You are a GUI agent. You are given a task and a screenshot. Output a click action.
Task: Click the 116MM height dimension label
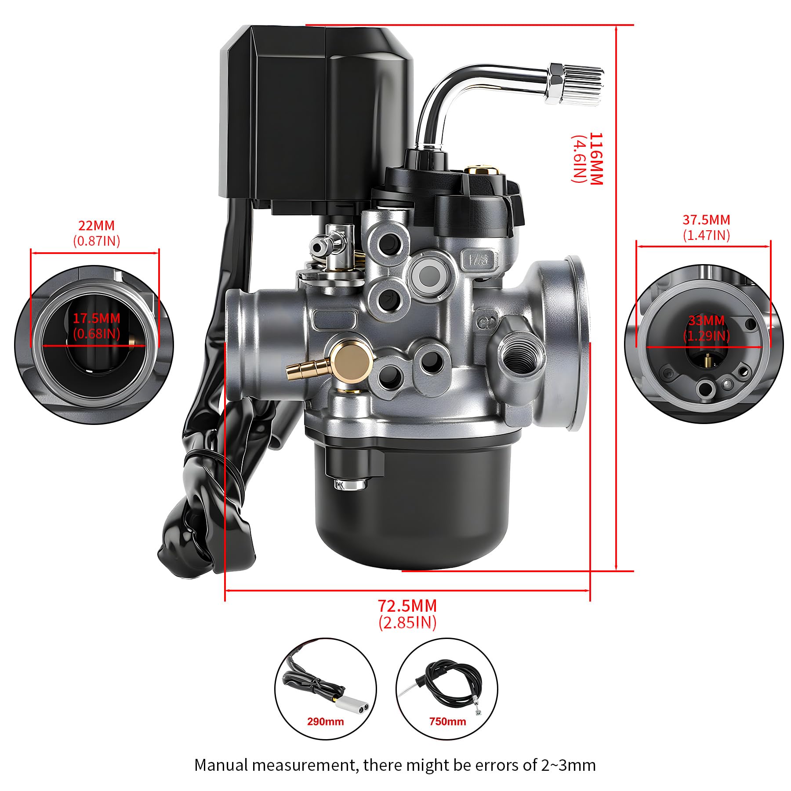(x=596, y=159)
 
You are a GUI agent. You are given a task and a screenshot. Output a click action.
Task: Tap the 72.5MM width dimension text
(x=407, y=606)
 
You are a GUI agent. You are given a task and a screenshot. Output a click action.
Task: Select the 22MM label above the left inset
(x=96, y=225)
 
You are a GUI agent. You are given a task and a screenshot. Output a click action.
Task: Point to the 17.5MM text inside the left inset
(x=96, y=318)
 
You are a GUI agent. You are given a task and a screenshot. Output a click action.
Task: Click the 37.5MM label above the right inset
(x=706, y=219)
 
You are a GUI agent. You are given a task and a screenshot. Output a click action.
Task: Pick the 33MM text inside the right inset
(x=706, y=320)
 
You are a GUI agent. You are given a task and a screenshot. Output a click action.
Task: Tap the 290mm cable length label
(x=325, y=733)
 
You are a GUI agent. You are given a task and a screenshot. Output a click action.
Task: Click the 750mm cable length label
(x=447, y=733)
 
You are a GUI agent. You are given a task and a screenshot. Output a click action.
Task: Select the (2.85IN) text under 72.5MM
(x=407, y=623)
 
